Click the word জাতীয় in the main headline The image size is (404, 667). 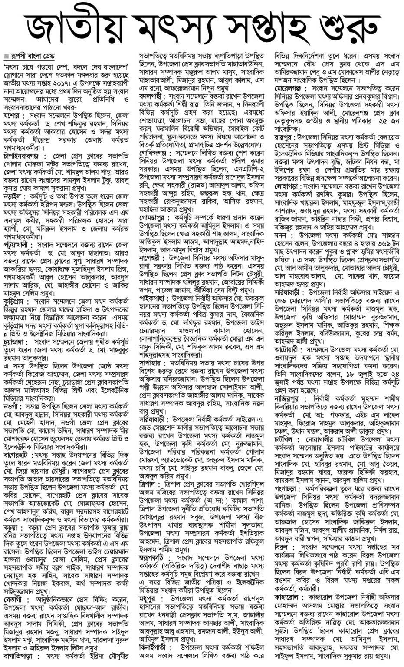74,24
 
